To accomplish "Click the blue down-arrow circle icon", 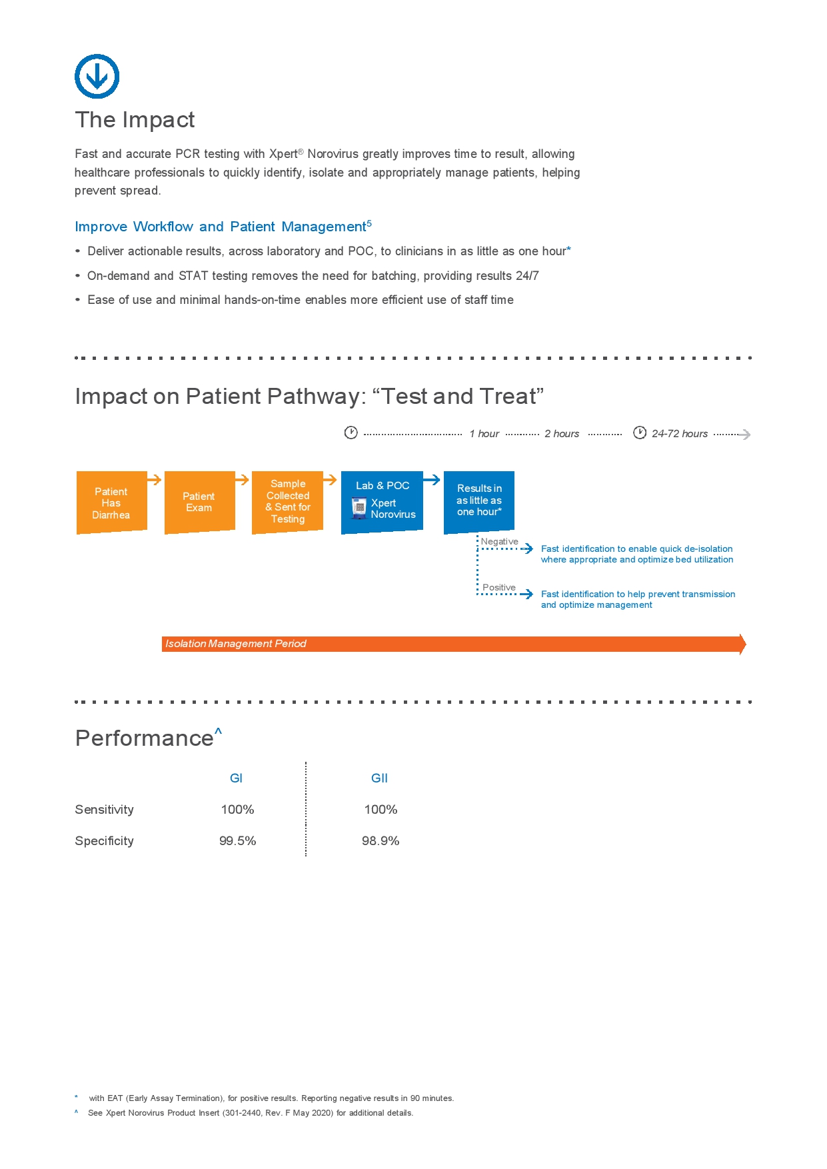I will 97,77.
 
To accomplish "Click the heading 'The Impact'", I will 135,120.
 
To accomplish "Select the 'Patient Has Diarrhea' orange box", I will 111,503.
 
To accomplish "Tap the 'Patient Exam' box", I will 199,502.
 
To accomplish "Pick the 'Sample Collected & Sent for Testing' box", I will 287,501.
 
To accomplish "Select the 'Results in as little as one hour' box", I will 478,501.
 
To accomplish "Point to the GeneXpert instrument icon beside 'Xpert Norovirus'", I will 359,508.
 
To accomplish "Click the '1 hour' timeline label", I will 484,434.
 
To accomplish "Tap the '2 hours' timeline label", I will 562,434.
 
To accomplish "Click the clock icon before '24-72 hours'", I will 640,433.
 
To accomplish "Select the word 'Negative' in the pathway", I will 500,541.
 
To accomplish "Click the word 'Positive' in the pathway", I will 499,587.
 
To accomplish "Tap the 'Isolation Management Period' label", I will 236,644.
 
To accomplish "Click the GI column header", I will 237,778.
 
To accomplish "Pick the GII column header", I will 379,778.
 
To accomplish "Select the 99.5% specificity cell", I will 238,841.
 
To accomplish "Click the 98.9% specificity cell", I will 381,841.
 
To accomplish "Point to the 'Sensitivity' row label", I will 105,810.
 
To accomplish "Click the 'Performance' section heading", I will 145,738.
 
